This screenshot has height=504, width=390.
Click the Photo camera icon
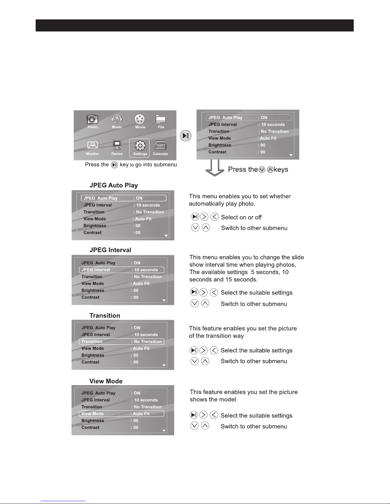tap(92, 119)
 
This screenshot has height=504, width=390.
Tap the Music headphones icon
tap(117, 119)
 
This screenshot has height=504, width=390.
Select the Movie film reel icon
tap(140, 119)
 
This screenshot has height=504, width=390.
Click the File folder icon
tap(160, 119)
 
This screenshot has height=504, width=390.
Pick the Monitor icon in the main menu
tap(92, 145)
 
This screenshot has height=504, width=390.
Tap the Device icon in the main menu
tap(117, 145)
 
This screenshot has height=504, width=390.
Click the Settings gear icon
tap(140, 146)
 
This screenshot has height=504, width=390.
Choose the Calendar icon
tap(160, 146)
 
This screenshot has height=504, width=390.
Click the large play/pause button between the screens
tap(186, 136)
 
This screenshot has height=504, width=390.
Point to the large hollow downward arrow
tap(215, 168)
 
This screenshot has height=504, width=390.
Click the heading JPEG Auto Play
tap(114, 185)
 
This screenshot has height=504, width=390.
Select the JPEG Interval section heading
tap(110, 250)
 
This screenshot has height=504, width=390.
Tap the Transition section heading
tap(105, 315)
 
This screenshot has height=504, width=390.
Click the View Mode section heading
tap(106, 381)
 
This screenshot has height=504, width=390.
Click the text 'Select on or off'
tap(241, 217)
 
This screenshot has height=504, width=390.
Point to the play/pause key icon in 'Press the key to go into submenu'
tap(114, 165)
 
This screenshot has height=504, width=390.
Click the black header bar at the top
tap(195, 25)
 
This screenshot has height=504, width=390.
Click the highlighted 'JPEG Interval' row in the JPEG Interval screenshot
tap(122, 270)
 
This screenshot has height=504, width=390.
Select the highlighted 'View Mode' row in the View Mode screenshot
tap(122, 414)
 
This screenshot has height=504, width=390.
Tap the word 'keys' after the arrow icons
tap(281, 169)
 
